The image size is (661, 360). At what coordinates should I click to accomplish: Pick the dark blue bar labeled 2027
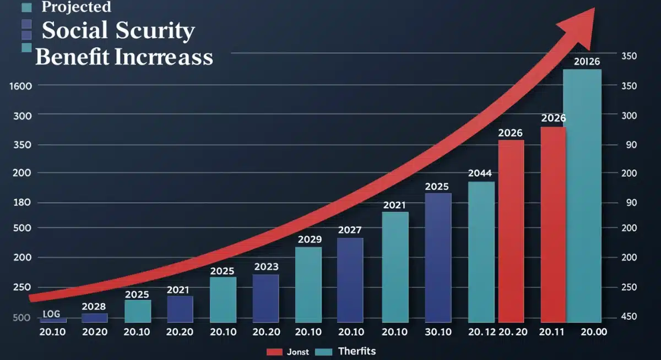point(350,280)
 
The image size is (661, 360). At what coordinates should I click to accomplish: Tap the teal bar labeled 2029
point(308,285)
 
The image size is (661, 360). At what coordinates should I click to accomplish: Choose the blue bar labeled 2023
point(266,298)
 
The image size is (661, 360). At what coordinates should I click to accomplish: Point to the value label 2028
point(94,307)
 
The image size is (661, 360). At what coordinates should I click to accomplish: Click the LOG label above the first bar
point(52,314)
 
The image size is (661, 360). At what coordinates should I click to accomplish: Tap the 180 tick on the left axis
point(21,203)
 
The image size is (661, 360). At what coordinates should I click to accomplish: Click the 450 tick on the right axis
point(629,317)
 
